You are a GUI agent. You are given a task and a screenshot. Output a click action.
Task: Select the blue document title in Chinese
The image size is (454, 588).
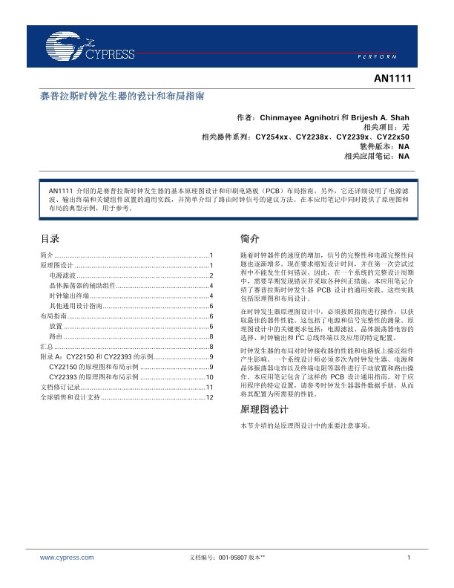tap(122, 97)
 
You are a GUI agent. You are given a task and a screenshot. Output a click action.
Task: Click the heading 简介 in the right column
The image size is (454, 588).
tap(250, 239)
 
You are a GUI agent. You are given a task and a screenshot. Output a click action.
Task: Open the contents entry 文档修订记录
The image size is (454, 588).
tap(58, 388)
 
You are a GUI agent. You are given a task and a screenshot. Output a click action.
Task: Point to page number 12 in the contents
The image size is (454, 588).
tap(210, 398)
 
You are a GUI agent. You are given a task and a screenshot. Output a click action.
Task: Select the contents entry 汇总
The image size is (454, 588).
tap(45, 347)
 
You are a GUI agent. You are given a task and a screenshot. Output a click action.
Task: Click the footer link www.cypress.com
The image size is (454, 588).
tap(67, 557)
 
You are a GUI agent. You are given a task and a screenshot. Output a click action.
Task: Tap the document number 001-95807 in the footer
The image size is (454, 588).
tap(234, 557)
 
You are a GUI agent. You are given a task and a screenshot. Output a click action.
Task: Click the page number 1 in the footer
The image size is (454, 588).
tap(409, 557)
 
